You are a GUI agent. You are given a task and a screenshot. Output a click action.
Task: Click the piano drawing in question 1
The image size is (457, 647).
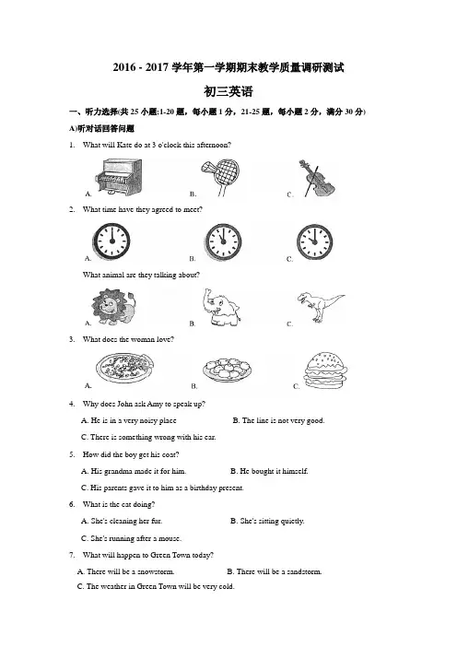coord(118,177)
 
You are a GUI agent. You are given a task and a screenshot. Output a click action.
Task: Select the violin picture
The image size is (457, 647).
coord(315,179)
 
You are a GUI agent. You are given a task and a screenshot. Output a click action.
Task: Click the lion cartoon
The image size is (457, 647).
coord(113,307)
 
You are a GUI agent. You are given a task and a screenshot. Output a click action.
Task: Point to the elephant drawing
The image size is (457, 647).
coord(221,308)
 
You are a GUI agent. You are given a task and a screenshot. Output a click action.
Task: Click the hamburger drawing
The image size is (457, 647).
coord(325,371)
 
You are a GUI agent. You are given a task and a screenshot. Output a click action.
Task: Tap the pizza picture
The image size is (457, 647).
coord(125,368)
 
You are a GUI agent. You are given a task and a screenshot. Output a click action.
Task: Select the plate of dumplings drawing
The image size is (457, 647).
coord(227,370)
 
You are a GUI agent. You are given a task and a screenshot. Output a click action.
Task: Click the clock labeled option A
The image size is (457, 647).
coord(111,241)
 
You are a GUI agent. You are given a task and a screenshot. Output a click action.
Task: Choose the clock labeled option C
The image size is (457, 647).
coord(315,241)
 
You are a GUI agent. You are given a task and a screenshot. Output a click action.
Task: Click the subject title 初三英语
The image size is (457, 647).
coord(228,91)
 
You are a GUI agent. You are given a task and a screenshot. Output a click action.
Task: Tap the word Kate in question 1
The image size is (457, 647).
coord(125,145)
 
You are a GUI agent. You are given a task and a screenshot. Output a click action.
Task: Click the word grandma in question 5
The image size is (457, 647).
coord(118,471)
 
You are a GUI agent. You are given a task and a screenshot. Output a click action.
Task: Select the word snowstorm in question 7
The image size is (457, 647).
coord(156,572)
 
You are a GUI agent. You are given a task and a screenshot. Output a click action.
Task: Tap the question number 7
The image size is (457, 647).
coord(72,555)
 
